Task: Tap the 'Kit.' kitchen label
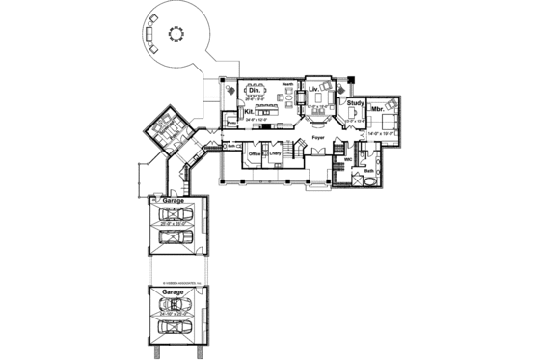pos(248,112)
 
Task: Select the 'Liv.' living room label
pos(313,89)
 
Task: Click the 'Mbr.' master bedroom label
pos(377,111)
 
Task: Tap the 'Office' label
pos(255,154)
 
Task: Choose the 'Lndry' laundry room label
pos(275,154)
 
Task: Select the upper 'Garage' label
pos(174,201)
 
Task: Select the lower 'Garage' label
pos(174,290)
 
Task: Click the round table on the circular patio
pos(175,34)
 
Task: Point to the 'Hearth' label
pos(287,85)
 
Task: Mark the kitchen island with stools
pos(265,113)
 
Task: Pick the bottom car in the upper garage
pos(174,237)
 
